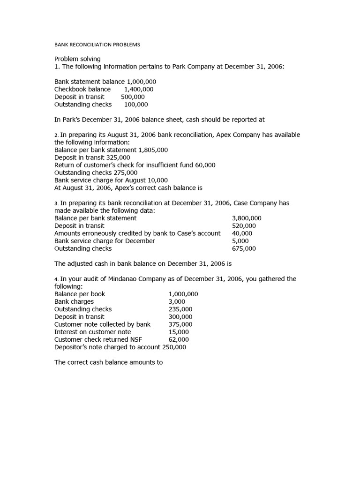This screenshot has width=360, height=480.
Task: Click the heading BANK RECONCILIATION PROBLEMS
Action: pos(97,45)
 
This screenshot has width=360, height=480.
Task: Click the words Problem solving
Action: pos(77,59)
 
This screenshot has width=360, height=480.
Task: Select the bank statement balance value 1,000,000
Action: pos(142,82)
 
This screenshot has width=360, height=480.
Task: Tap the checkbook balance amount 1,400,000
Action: pos(139,89)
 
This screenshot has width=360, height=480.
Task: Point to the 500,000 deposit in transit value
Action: pos(129,97)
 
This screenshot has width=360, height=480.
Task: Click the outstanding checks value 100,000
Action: pos(136,104)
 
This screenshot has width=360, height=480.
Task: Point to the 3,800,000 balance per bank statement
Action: pos(247,218)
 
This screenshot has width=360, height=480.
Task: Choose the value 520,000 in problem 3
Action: pos(244,225)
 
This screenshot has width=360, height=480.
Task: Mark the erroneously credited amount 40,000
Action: pos(242,233)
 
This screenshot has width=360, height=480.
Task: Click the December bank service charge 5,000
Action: pos(240,240)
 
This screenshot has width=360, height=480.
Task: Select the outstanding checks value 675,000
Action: pos(244,248)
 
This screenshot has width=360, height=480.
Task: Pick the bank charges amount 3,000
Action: pos(177,301)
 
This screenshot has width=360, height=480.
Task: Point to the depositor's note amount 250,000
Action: pos(174,347)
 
